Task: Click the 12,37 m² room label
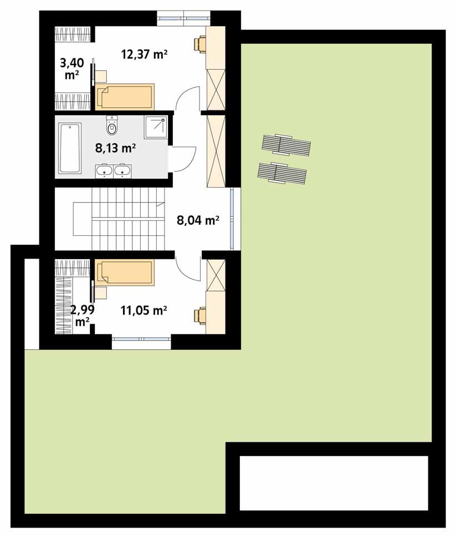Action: point(145,54)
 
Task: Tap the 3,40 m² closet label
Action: point(71,68)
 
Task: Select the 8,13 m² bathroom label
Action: point(115,148)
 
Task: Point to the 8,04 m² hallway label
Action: point(197,220)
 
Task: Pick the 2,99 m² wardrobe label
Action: point(82,315)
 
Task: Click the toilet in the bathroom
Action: point(112,126)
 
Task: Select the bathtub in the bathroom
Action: point(70,148)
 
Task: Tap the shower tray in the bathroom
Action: point(156,128)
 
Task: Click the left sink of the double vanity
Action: point(104,172)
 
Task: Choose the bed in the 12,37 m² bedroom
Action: point(125,97)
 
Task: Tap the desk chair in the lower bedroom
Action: point(199,315)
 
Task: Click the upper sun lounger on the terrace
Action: point(286,145)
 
